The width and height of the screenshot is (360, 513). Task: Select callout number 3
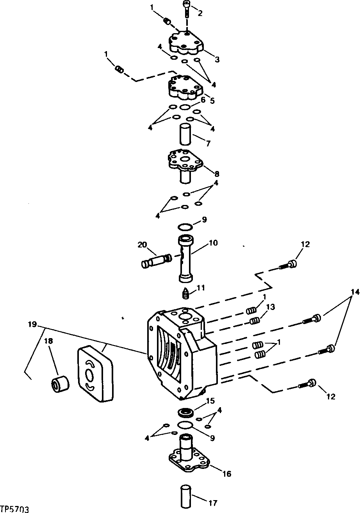pos(217,60)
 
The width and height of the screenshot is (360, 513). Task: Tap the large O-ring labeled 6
pos(185,107)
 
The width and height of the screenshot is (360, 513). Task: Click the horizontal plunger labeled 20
pos(156,260)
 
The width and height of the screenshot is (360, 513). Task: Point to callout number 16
pos(226,474)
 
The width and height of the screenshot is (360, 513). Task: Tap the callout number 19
pos(32,324)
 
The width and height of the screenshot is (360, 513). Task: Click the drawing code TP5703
pos(15,509)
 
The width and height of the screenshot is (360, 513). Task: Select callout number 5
pos(212,100)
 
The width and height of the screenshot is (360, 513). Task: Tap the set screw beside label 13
pos(255,321)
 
